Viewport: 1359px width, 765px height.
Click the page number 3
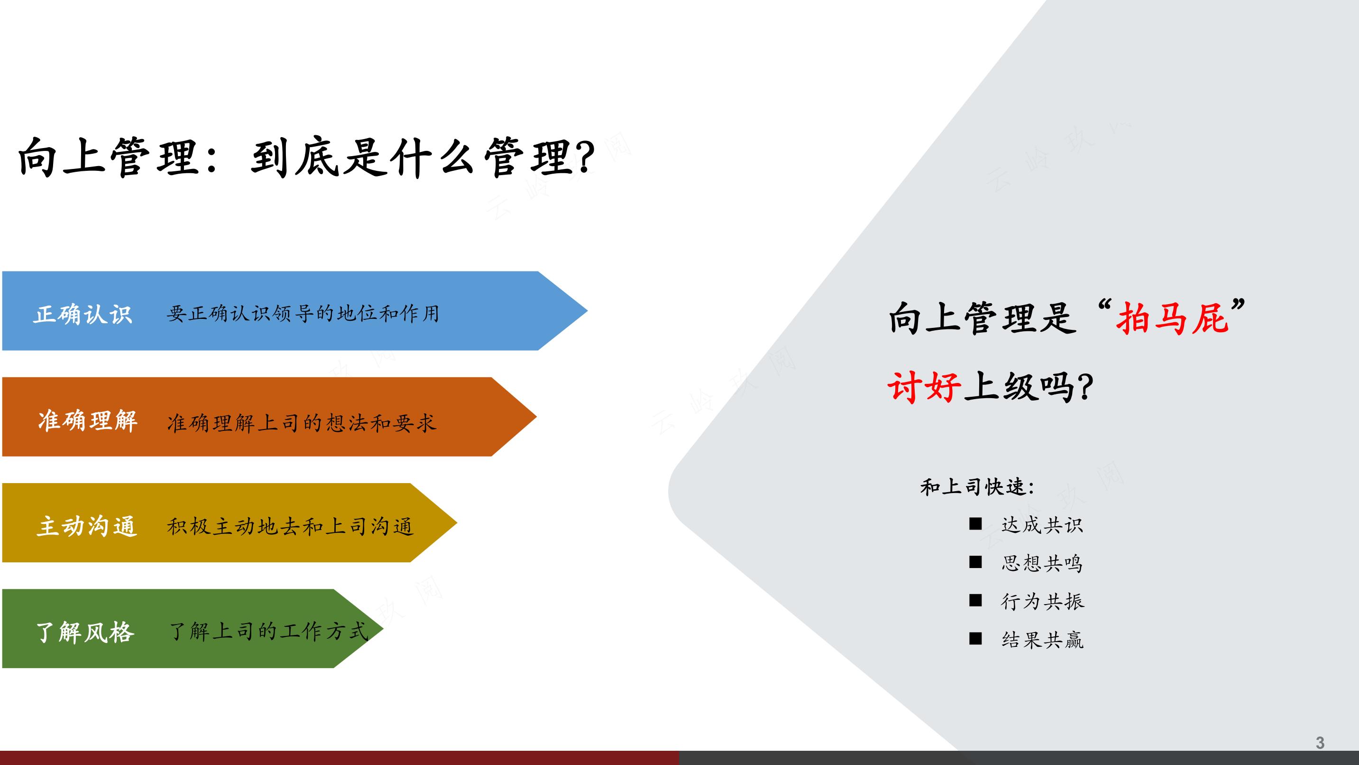coord(1320,743)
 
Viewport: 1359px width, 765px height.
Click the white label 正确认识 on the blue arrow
coord(83,314)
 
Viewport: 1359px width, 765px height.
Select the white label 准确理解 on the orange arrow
coord(88,421)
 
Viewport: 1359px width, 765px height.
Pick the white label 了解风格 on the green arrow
coord(85,632)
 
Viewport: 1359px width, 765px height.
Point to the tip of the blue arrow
coord(587,311)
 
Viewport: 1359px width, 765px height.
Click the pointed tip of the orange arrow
coord(536,417)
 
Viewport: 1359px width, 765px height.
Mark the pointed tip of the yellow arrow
coord(457,522)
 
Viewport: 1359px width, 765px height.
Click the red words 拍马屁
coord(1172,318)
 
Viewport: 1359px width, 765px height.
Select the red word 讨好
coord(924,387)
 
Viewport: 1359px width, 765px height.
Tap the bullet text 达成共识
coord(1042,525)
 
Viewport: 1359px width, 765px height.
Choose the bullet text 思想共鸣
coord(1042,563)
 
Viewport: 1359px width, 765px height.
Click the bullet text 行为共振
coord(1042,601)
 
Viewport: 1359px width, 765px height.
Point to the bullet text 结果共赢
coord(1042,640)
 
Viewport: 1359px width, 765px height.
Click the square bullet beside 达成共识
coord(975,524)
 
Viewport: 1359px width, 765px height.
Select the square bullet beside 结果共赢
coord(975,639)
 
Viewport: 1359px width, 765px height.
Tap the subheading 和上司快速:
coord(977,487)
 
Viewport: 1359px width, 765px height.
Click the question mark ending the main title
coord(585,158)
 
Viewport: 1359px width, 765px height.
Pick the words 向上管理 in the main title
coord(108,157)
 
